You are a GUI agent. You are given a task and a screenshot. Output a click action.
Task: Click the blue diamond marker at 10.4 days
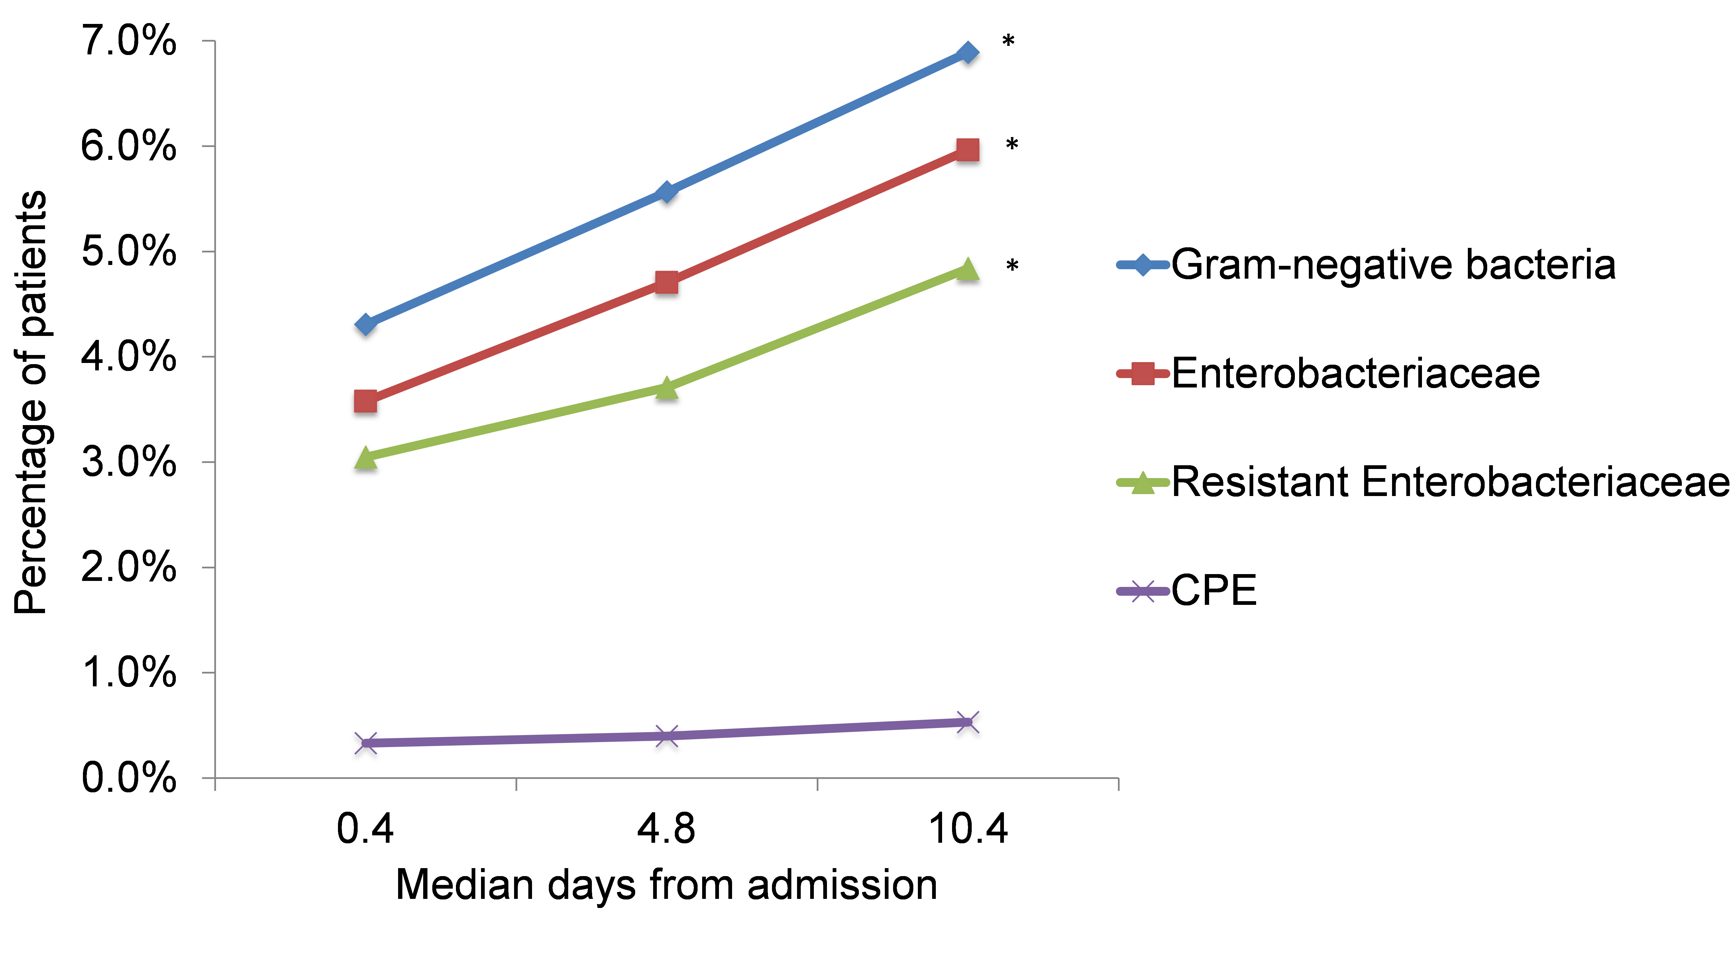coord(967,52)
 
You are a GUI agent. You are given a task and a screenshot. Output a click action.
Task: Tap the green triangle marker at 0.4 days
coord(365,458)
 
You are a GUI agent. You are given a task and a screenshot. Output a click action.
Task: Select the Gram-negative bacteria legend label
coord(1393,264)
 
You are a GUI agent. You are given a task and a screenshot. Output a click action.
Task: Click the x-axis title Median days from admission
coord(666,884)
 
